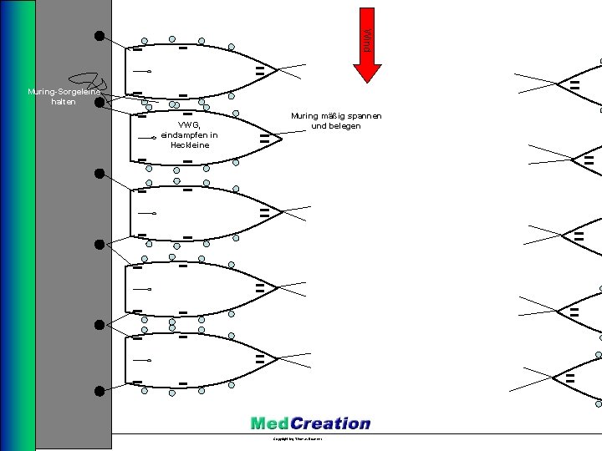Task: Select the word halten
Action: click(x=64, y=102)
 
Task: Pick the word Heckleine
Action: click(x=189, y=145)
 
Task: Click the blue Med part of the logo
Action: click(x=270, y=423)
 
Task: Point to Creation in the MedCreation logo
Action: click(x=330, y=423)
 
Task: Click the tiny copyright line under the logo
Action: click(x=298, y=438)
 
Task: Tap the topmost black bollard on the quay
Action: click(x=99, y=36)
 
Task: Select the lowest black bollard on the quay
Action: click(x=99, y=390)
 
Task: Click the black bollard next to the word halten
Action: click(x=99, y=103)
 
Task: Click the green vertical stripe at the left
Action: click(x=30, y=225)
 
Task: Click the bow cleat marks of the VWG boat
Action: click(x=264, y=138)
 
